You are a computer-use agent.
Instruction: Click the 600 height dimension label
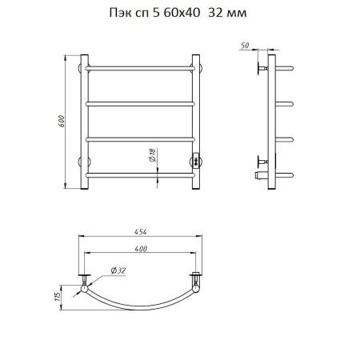pos(62,121)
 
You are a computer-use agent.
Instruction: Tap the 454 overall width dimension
pos(140,232)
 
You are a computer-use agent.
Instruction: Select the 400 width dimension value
pos(141,249)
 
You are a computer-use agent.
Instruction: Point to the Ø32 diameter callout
pos(118,270)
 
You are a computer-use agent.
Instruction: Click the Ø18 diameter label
pos(153,155)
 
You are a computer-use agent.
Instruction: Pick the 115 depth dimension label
pos(58,297)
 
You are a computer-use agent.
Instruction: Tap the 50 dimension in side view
pos(245,46)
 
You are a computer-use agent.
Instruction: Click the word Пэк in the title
pos(120,13)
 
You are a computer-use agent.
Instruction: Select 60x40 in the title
pos(182,13)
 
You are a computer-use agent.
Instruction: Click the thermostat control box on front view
pos(196,161)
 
